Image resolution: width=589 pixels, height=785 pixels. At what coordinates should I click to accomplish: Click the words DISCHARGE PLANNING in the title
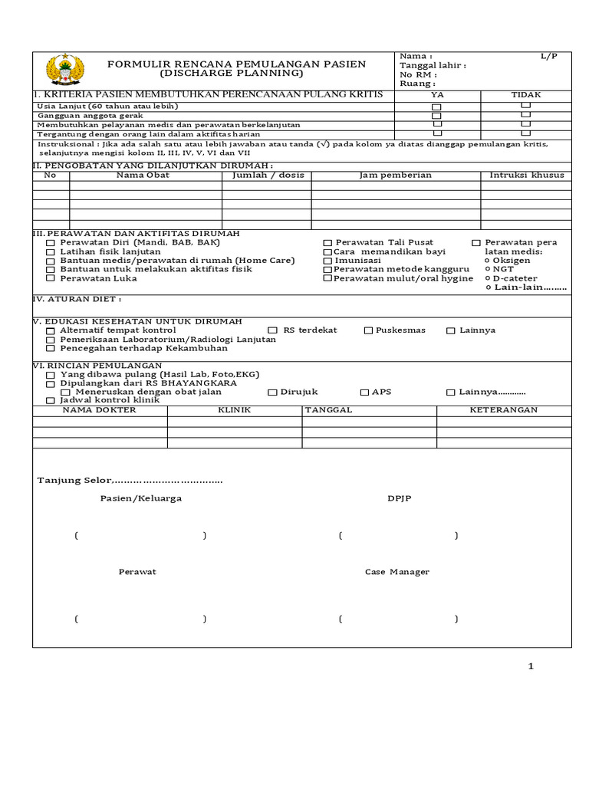[231, 74]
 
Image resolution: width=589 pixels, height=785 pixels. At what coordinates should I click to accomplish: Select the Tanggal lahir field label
[431, 65]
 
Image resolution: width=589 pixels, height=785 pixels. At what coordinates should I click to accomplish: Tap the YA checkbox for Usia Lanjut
[436, 107]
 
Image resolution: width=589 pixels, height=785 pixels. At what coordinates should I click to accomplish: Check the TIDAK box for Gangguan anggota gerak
[525, 114]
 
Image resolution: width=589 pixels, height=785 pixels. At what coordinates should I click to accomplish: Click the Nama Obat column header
[143, 176]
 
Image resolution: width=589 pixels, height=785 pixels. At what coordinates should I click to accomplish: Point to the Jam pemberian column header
[395, 176]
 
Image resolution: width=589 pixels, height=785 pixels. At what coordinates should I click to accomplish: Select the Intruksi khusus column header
[526, 176]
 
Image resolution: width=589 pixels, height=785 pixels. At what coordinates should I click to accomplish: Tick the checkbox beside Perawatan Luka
[51, 279]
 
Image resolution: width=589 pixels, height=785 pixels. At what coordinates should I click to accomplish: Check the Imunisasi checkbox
[327, 261]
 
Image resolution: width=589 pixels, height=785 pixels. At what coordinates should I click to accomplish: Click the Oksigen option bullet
[488, 261]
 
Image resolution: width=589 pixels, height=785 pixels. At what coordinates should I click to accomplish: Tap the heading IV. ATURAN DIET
[77, 299]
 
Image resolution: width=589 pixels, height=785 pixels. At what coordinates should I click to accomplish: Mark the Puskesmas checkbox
[368, 330]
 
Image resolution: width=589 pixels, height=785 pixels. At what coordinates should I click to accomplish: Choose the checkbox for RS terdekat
[272, 330]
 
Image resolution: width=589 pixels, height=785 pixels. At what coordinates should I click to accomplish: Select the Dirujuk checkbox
[272, 392]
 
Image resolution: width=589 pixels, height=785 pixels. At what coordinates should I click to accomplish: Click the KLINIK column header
[235, 410]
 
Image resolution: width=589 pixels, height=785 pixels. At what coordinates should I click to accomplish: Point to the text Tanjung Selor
[74, 481]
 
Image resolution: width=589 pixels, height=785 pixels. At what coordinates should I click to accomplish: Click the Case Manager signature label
[397, 572]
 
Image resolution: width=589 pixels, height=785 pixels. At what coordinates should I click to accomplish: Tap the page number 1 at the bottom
[530, 666]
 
